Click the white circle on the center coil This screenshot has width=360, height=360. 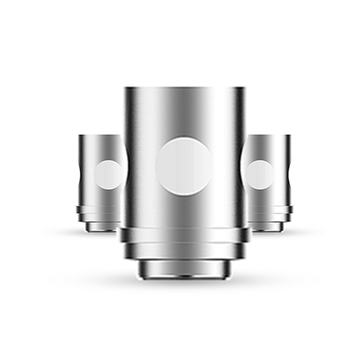click(184, 166)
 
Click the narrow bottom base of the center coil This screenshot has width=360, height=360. click(184, 268)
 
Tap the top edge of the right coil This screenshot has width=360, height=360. click(269, 136)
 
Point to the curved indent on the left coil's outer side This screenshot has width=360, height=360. click(81, 174)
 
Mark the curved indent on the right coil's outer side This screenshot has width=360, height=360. click(289, 174)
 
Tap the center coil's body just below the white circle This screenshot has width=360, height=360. click(184, 210)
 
